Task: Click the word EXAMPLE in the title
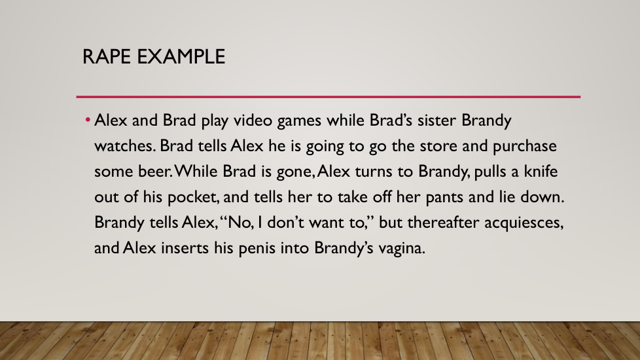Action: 181,56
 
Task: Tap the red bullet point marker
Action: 88,120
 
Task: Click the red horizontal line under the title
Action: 328,97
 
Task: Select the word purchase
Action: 525,147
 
